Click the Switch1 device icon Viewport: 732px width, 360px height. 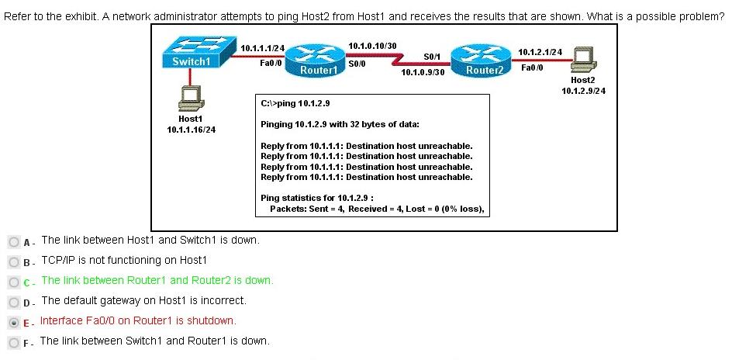pos(196,53)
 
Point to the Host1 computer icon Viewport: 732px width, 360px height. pos(191,98)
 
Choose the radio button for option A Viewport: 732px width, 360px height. pos(14,241)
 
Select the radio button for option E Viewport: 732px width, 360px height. pos(14,322)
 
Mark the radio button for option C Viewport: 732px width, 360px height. pos(14,282)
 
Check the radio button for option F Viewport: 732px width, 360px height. pos(14,343)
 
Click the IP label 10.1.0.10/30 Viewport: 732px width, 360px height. pos(372,46)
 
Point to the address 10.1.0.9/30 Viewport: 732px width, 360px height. pos(423,73)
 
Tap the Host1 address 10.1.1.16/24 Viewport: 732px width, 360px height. pos(192,130)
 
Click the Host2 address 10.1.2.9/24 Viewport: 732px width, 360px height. pos(584,91)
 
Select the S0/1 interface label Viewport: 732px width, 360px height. pos(432,57)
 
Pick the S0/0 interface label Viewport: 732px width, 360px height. pos(357,64)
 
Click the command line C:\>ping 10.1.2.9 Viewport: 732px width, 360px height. pos(295,103)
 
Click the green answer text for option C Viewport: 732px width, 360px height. pos(157,280)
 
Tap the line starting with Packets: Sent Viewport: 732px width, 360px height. pos(377,209)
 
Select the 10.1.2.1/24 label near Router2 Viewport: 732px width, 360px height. pos(540,52)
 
